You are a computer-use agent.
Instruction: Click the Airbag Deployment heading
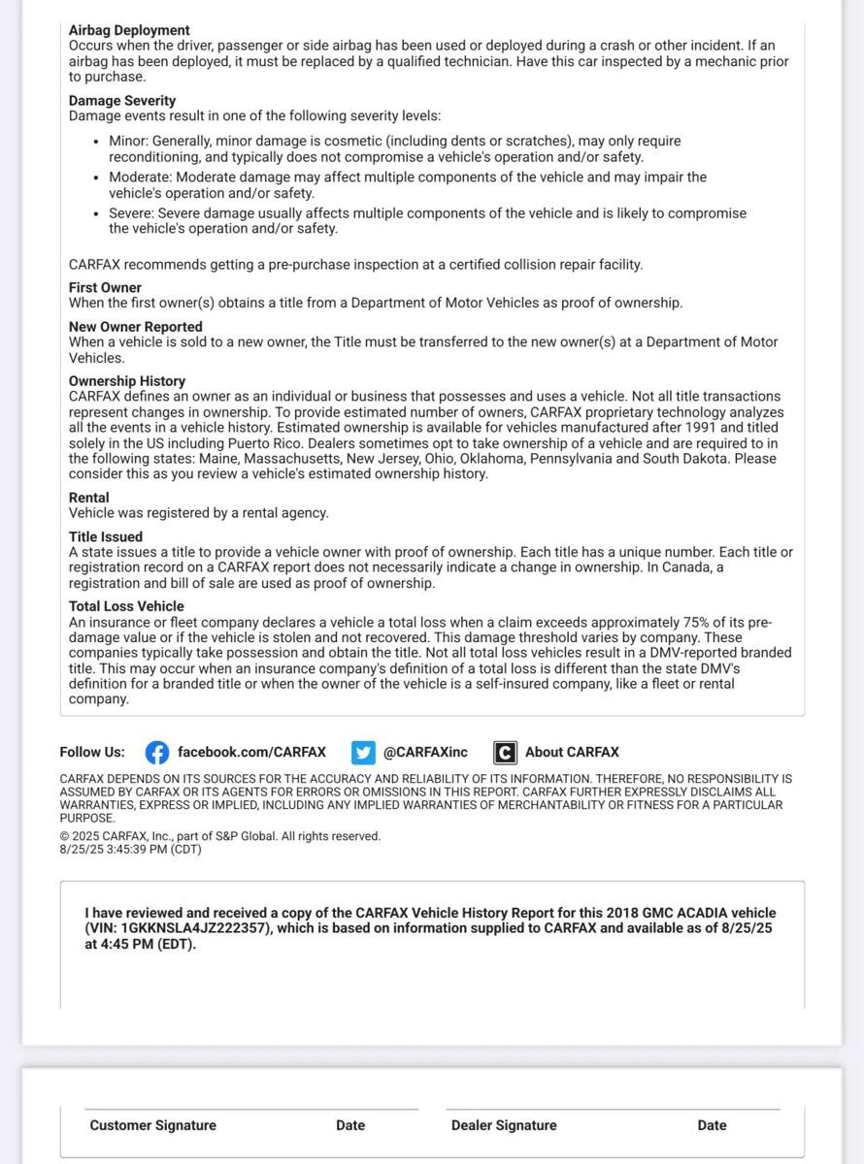(129, 30)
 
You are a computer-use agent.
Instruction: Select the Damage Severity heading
(122, 101)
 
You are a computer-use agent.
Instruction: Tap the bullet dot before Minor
(95, 142)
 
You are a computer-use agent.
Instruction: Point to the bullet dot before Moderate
(95, 178)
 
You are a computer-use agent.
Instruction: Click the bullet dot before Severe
(95, 214)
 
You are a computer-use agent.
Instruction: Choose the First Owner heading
(105, 288)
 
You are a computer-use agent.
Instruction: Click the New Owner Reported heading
(136, 327)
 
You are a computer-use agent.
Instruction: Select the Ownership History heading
(127, 381)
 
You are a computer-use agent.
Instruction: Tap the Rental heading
(89, 498)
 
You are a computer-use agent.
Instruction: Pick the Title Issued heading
(106, 536)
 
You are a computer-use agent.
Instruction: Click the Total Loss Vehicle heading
(126, 606)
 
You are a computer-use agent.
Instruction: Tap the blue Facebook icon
(157, 753)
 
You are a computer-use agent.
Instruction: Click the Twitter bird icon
(363, 753)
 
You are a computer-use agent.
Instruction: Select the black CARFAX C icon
(505, 753)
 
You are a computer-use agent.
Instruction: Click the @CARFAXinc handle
(425, 753)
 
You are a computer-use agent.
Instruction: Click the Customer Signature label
(153, 1126)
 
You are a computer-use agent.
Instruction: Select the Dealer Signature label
(504, 1126)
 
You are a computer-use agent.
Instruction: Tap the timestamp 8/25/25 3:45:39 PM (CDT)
(130, 849)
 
